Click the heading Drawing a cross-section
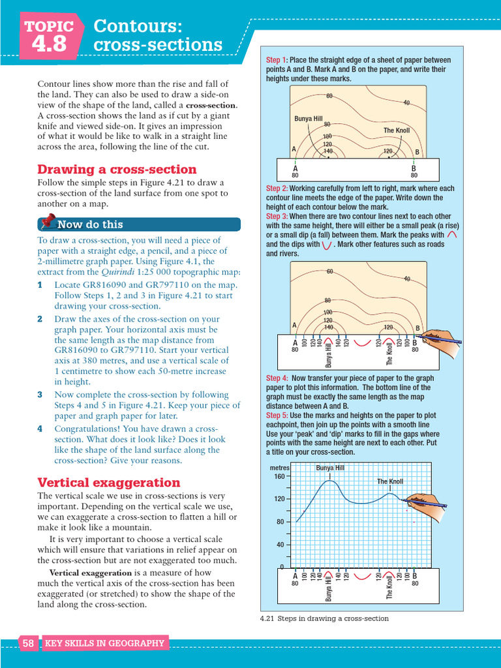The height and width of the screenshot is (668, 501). (117, 170)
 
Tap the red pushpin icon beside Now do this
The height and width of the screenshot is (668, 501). (47, 223)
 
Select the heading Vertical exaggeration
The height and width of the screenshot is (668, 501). (108, 483)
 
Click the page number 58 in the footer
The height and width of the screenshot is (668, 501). (28, 643)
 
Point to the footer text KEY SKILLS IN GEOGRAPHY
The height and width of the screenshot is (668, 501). (104, 643)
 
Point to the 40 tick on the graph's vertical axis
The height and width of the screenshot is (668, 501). (281, 545)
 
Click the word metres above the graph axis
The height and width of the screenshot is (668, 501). (279, 468)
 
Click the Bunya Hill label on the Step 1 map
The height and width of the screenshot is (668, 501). (309, 119)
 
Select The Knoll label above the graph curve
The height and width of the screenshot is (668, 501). (390, 481)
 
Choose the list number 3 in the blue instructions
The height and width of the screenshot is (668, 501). (40, 395)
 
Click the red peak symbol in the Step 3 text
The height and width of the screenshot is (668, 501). (453, 235)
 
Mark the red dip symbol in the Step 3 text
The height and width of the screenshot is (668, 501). (327, 245)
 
